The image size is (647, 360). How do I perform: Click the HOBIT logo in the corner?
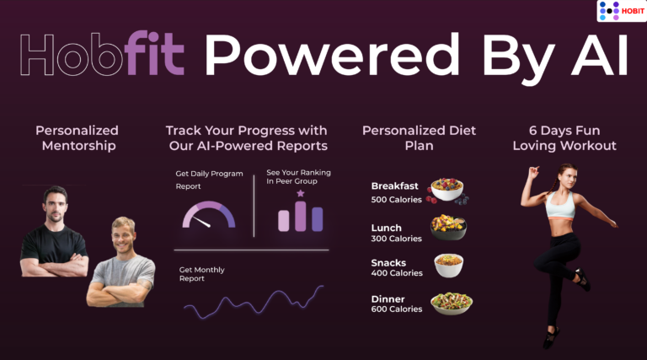(622, 11)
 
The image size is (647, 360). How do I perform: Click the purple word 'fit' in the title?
(154, 53)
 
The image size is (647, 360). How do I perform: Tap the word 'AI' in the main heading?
(600, 56)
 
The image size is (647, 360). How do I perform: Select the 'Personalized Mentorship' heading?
(78, 138)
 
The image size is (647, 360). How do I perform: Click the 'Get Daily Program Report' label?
(209, 180)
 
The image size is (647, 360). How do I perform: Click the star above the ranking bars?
(301, 193)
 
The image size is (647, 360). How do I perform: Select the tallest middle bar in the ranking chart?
(301, 217)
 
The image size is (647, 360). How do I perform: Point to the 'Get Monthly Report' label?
(202, 274)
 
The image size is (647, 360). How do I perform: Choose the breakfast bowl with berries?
(447, 191)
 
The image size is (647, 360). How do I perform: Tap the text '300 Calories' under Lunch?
(396, 239)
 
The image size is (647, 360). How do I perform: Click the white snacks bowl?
(448, 266)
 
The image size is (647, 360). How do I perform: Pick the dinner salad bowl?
(452, 304)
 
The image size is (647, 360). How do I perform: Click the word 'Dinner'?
(388, 299)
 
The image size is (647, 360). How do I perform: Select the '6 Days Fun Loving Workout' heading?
(564, 138)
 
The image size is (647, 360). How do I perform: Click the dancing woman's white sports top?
(560, 205)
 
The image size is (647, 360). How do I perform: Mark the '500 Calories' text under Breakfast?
(396, 200)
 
